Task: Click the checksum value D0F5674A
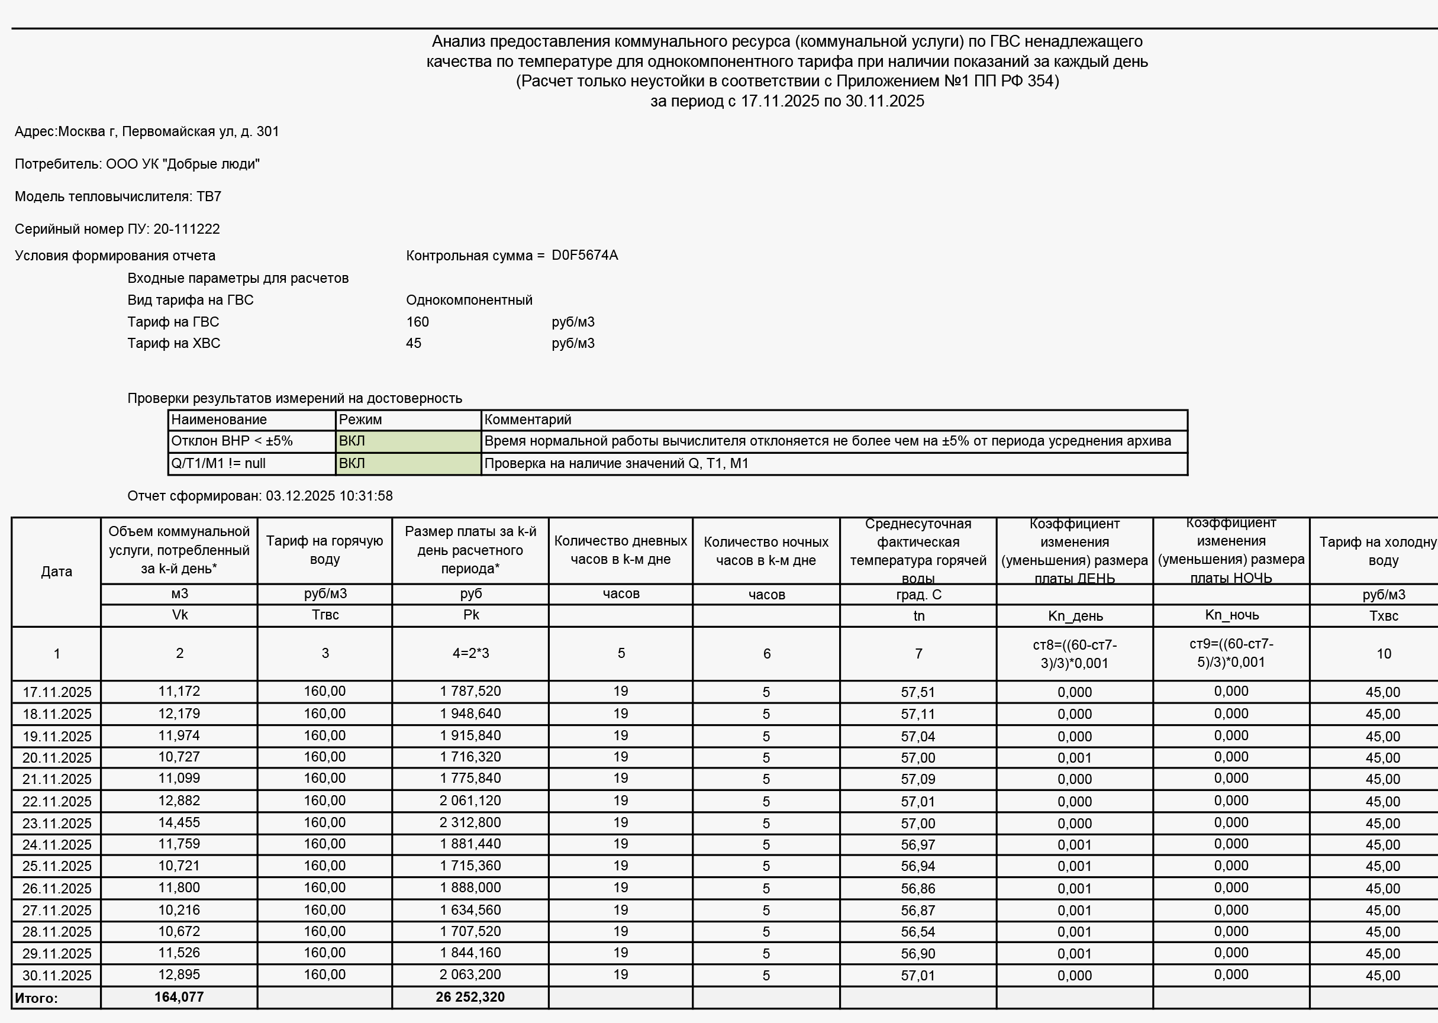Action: [x=585, y=255]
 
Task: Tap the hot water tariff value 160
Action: [x=417, y=322]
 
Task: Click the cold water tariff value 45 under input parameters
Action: [x=413, y=343]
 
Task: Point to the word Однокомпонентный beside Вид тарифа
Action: [x=469, y=300]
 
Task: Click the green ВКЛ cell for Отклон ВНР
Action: [x=408, y=441]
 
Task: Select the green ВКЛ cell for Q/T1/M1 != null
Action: [x=408, y=464]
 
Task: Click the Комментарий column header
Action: [x=528, y=419]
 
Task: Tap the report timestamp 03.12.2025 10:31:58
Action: [x=329, y=496]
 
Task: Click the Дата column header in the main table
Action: [x=56, y=572]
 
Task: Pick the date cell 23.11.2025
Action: [x=57, y=824]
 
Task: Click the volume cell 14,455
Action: [x=179, y=822]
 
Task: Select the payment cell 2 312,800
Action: [x=470, y=822]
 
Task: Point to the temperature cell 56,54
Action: [x=917, y=932]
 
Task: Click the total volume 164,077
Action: [x=179, y=997]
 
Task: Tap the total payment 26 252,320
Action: [x=470, y=997]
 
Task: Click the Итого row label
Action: [x=37, y=998]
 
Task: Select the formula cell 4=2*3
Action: [x=470, y=653]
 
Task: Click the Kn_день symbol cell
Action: [x=1075, y=615]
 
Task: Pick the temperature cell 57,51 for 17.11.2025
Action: [x=917, y=692]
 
